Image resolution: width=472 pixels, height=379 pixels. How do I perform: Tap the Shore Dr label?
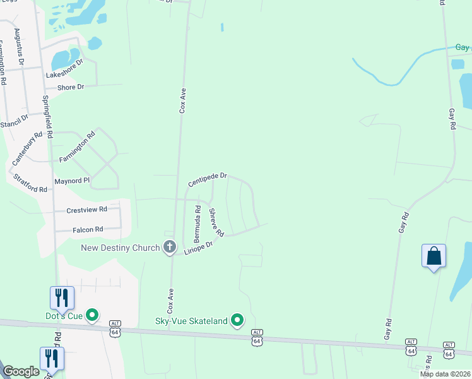coord(71,87)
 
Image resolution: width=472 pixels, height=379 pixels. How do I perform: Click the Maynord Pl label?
coord(73,180)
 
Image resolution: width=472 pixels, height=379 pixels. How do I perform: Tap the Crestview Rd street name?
coord(86,209)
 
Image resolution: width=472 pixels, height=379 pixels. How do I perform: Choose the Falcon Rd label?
coord(88,230)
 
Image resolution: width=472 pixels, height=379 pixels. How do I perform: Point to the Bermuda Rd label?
coord(197,224)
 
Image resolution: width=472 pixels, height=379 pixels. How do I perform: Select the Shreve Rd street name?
coord(216,223)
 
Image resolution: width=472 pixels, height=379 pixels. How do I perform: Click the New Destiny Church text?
coord(121,248)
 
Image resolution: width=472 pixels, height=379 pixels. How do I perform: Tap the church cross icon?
coord(170,247)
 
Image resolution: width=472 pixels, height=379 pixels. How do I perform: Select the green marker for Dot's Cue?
coord(92,315)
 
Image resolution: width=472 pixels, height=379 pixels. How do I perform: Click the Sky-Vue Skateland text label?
coord(191,321)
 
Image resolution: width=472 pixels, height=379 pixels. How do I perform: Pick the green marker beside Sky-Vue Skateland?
coord(237,321)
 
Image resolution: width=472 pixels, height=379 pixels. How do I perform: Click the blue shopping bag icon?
coord(434,256)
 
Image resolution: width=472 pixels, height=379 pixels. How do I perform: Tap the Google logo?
coord(21,371)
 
